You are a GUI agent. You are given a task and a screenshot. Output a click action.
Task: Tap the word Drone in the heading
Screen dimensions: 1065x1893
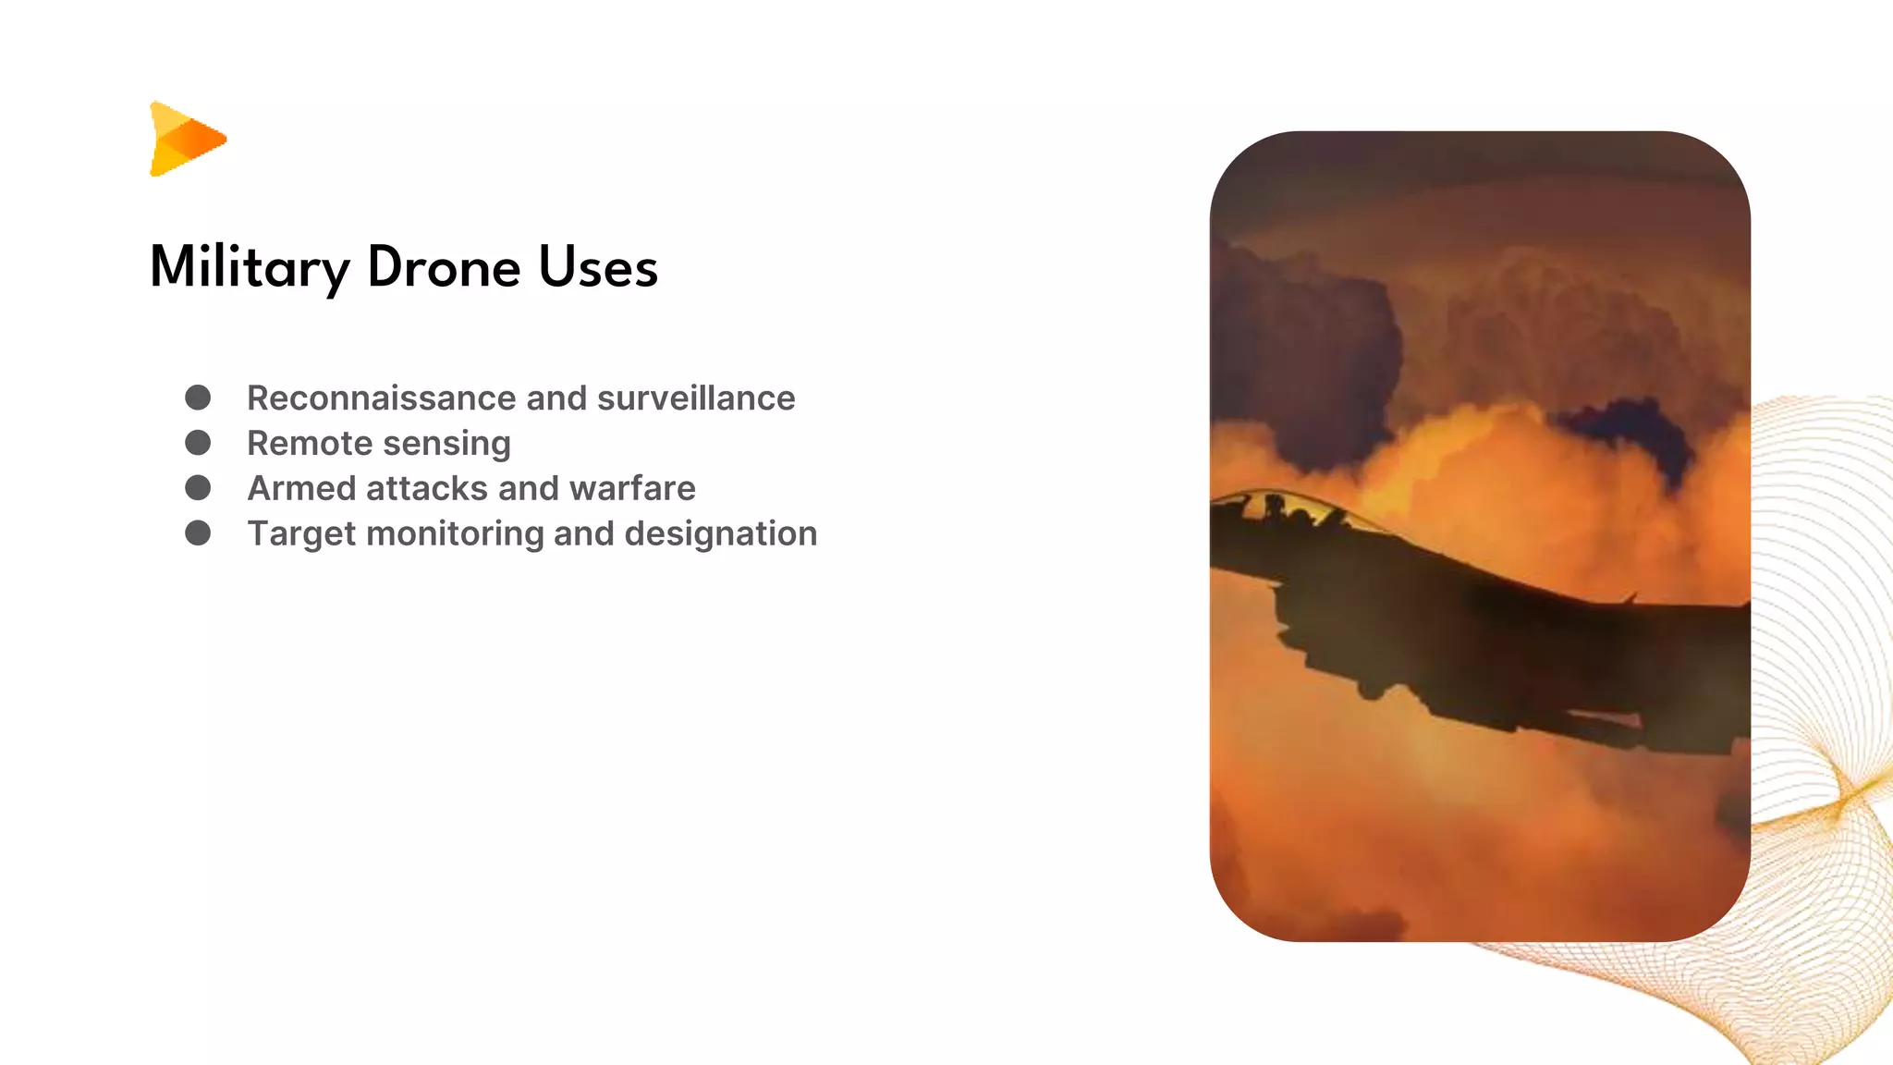click(x=444, y=268)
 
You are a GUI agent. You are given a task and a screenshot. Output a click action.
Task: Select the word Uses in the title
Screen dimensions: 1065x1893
click(x=598, y=268)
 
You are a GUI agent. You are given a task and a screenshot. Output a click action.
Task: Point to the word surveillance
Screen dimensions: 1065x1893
click(x=696, y=398)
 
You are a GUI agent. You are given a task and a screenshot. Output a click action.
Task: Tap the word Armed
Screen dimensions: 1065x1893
click(x=301, y=488)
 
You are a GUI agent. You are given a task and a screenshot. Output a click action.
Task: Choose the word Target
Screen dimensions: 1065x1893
click(x=301, y=534)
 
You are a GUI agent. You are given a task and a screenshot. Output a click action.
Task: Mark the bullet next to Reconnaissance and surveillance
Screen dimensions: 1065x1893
click(x=198, y=398)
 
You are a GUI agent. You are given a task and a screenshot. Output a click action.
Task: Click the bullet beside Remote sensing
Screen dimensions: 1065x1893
click(x=198, y=443)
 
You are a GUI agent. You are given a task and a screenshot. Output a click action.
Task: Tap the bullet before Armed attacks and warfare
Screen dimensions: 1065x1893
click(x=198, y=487)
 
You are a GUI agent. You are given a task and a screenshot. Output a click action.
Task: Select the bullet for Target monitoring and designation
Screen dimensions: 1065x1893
click(x=198, y=532)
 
